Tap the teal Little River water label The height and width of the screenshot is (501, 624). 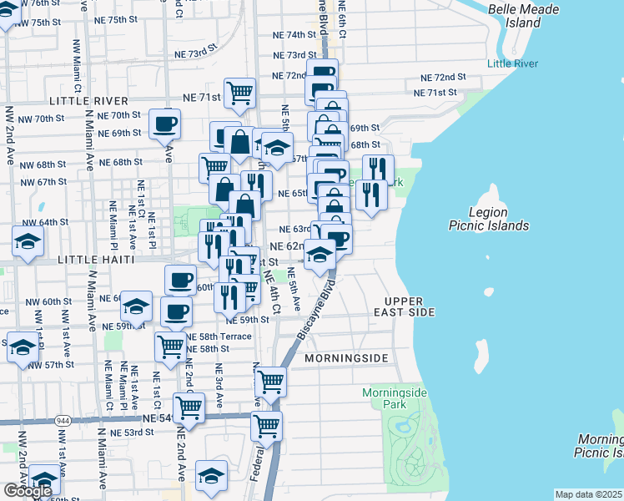(x=512, y=63)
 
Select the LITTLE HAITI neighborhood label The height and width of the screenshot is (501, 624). (x=95, y=261)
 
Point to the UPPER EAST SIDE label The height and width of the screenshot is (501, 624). (x=410, y=306)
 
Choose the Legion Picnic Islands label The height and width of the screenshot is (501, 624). (x=488, y=219)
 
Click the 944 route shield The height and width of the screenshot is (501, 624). (x=63, y=418)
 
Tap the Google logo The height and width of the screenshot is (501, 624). (x=28, y=490)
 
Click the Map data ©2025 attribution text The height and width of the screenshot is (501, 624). (x=589, y=494)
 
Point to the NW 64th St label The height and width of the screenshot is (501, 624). (x=45, y=222)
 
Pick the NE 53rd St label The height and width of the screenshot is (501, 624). (x=122, y=432)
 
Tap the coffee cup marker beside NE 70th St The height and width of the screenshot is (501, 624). (x=164, y=124)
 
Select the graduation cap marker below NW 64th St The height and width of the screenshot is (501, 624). (x=28, y=242)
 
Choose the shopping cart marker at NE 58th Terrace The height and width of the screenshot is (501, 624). (x=171, y=345)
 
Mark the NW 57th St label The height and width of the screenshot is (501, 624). (x=56, y=365)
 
